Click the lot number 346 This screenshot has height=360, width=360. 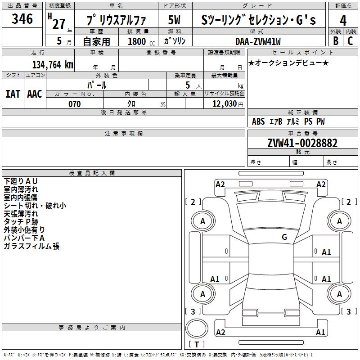coord(22,19)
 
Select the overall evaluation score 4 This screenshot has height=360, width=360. coord(343,21)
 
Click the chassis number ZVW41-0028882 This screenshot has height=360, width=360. coord(302,143)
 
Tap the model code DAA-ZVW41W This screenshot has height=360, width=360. coord(258,41)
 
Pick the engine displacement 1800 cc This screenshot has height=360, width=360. coord(140,41)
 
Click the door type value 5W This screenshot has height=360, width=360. coord(175,20)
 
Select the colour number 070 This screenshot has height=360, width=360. coord(75,104)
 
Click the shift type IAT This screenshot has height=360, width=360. coord(13,94)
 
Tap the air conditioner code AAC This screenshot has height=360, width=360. coord(35,94)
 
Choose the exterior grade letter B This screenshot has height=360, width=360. coord(336,41)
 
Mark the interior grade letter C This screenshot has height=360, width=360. coord(350,41)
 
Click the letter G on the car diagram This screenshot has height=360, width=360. coord(284,237)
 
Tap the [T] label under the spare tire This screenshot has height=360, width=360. coord(196,345)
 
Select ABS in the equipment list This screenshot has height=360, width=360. coord(258,121)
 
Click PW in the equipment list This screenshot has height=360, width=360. coord(320,121)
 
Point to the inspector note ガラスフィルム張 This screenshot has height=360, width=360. coord(31,246)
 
